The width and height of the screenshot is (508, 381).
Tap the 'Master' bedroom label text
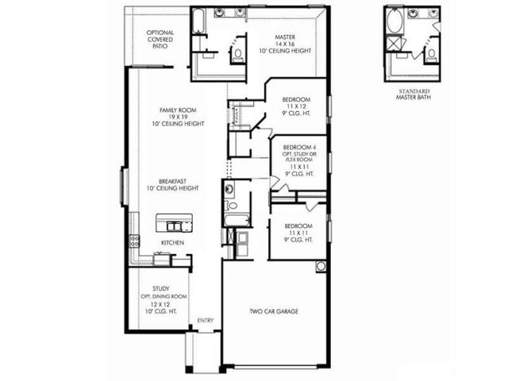tap(285, 37)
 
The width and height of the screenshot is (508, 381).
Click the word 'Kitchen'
tap(172, 242)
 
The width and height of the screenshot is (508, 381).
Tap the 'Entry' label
tap(205, 320)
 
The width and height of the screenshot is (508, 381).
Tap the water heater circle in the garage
tap(321, 266)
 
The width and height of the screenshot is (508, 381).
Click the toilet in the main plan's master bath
tap(238, 54)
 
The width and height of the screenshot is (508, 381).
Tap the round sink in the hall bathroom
tap(228, 189)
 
